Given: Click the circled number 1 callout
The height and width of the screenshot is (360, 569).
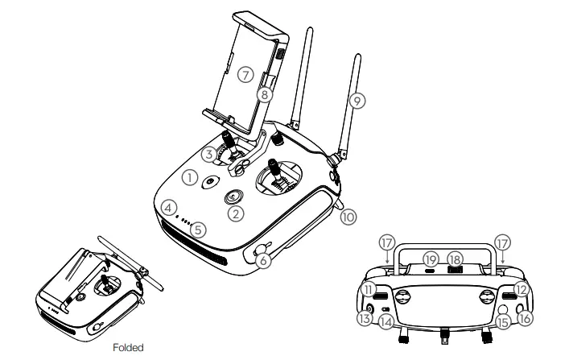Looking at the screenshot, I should click(x=190, y=176).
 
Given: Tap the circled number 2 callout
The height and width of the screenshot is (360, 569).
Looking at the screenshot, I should click(x=235, y=213).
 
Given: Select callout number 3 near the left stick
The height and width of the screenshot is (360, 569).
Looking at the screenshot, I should click(x=208, y=152).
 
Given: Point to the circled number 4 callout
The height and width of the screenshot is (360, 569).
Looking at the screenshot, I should click(x=169, y=207).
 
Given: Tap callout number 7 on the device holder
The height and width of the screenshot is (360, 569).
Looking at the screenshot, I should click(x=246, y=75).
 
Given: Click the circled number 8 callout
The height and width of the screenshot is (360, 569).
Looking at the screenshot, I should click(x=263, y=93).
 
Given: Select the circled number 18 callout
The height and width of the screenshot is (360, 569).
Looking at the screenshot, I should click(x=457, y=259).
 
